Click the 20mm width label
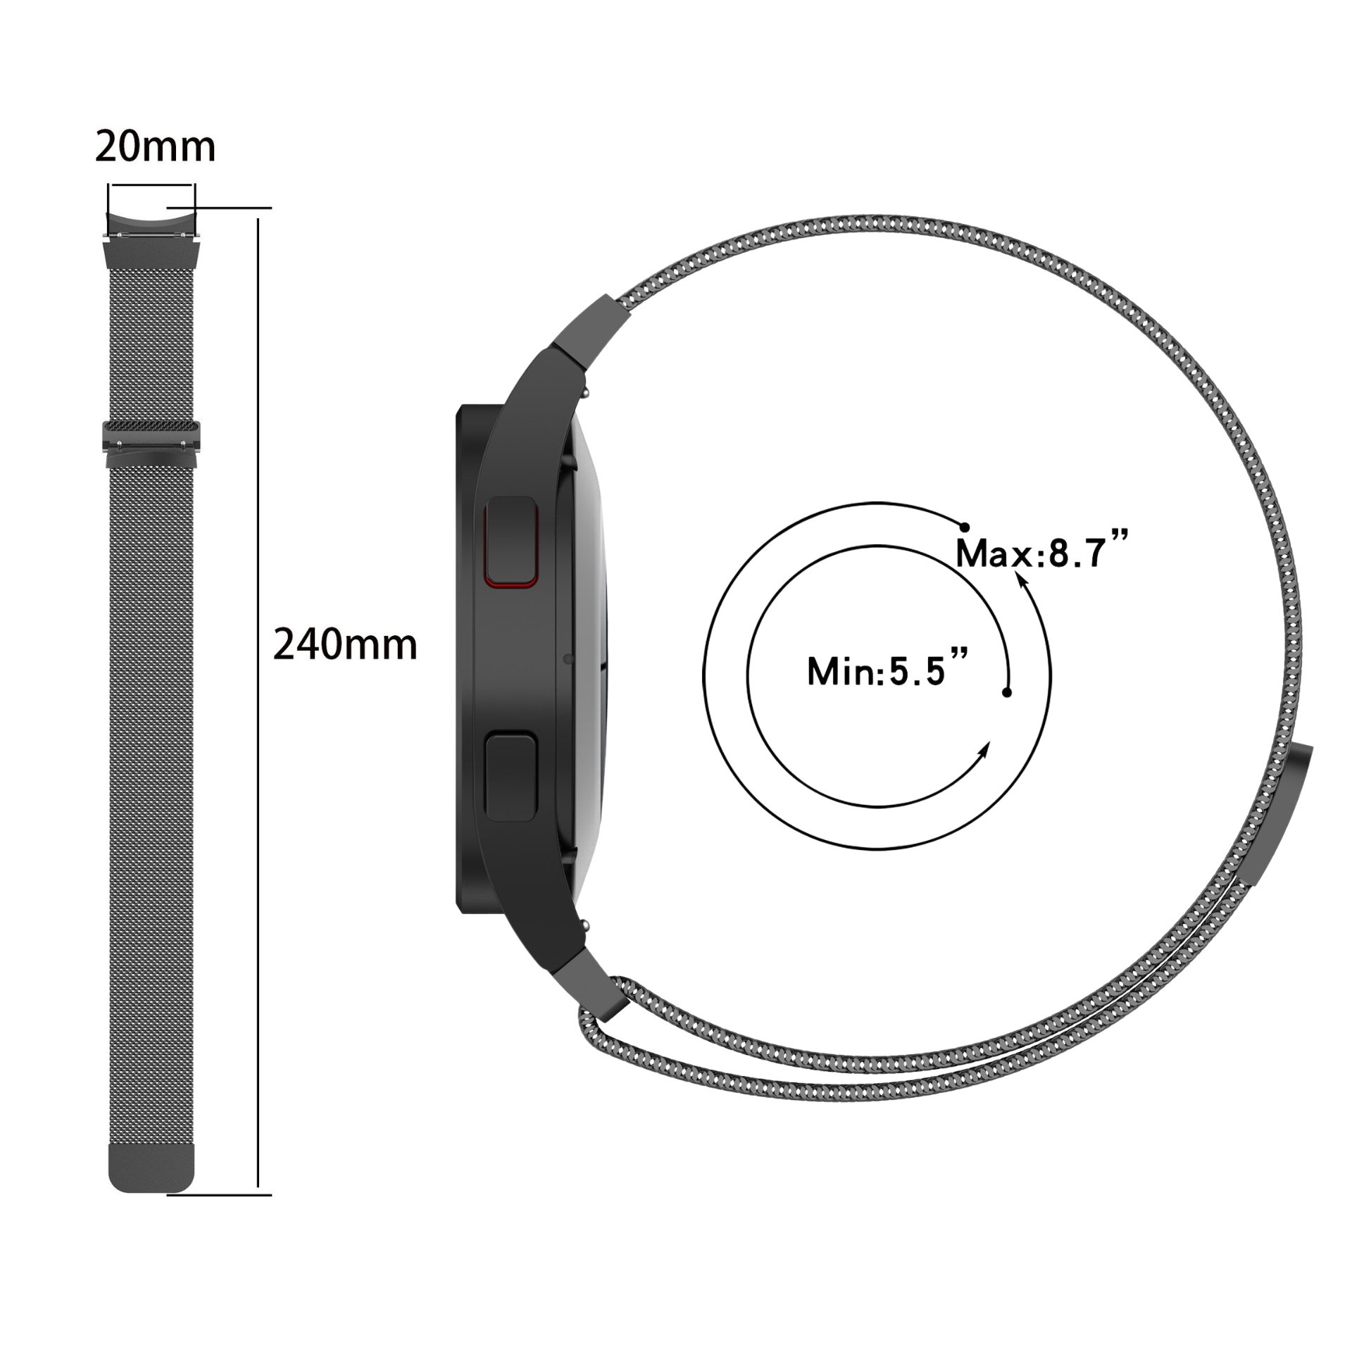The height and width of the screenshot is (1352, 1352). (155, 146)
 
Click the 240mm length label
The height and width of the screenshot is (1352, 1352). (345, 644)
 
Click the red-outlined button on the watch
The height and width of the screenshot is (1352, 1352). (511, 541)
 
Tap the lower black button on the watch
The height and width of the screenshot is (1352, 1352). (511, 776)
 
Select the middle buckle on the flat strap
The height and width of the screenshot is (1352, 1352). (151, 444)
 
